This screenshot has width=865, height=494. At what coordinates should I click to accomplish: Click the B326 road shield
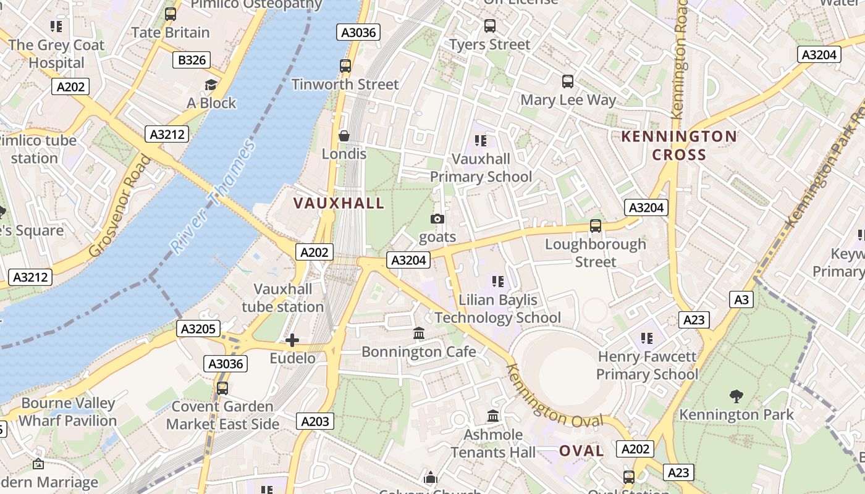(x=191, y=60)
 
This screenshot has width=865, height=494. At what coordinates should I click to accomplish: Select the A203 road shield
(x=315, y=422)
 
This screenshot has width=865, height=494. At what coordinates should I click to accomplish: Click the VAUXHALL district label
(x=339, y=203)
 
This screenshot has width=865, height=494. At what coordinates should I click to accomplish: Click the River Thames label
(x=213, y=197)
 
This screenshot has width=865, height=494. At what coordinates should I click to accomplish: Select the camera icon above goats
(x=437, y=219)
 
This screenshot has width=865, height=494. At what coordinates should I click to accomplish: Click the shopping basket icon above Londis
(x=344, y=136)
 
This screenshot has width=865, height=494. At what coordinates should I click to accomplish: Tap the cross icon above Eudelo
(x=292, y=340)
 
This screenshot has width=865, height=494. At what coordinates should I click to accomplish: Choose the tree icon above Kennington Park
(x=736, y=396)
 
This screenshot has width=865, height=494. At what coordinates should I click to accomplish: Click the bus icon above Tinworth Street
(x=345, y=66)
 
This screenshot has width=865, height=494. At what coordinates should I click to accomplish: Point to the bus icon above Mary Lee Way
(x=567, y=82)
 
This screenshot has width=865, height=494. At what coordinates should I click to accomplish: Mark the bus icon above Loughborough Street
(x=596, y=226)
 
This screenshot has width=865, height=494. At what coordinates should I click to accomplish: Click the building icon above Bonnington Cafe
(x=419, y=333)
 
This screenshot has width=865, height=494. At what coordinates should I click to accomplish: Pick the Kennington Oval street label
(x=554, y=396)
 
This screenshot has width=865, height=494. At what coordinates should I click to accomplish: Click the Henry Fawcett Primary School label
(x=647, y=366)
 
